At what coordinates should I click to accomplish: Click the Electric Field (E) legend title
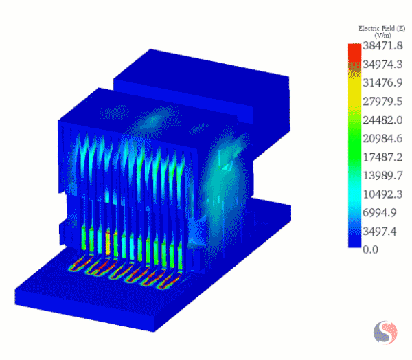tap(381, 28)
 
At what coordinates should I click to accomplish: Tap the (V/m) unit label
tap(382, 35)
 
